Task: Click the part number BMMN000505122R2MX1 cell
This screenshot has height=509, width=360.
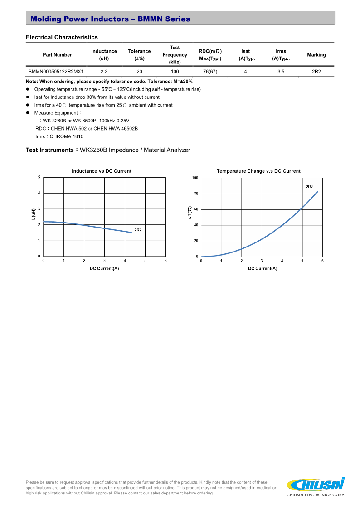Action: [56, 72]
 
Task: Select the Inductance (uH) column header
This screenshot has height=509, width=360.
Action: [104, 55]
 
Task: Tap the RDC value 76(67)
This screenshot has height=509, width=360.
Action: [210, 72]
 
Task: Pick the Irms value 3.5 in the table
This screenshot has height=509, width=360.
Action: [281, 72]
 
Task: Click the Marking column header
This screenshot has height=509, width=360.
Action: [316, 55]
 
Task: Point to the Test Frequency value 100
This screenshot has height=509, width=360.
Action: [175, 72]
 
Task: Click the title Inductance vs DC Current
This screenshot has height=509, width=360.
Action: [102, 171]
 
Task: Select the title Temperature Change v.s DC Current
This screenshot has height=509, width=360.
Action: [258, 171]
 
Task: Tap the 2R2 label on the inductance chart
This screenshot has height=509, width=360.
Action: [138, 230]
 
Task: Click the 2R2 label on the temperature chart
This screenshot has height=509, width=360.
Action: [309, 187]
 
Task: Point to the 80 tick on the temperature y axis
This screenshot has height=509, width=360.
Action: [196, 194]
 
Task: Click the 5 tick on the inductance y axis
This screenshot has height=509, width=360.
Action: [39, 177]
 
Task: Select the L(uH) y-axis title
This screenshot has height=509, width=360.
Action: [34, 215]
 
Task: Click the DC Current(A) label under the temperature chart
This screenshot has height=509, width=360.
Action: [263, 268]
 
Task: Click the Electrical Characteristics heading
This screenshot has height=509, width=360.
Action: [62, 37]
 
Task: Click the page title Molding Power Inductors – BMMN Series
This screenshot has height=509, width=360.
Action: [110, 19]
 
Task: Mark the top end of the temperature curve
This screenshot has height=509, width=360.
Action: [318, 191]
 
